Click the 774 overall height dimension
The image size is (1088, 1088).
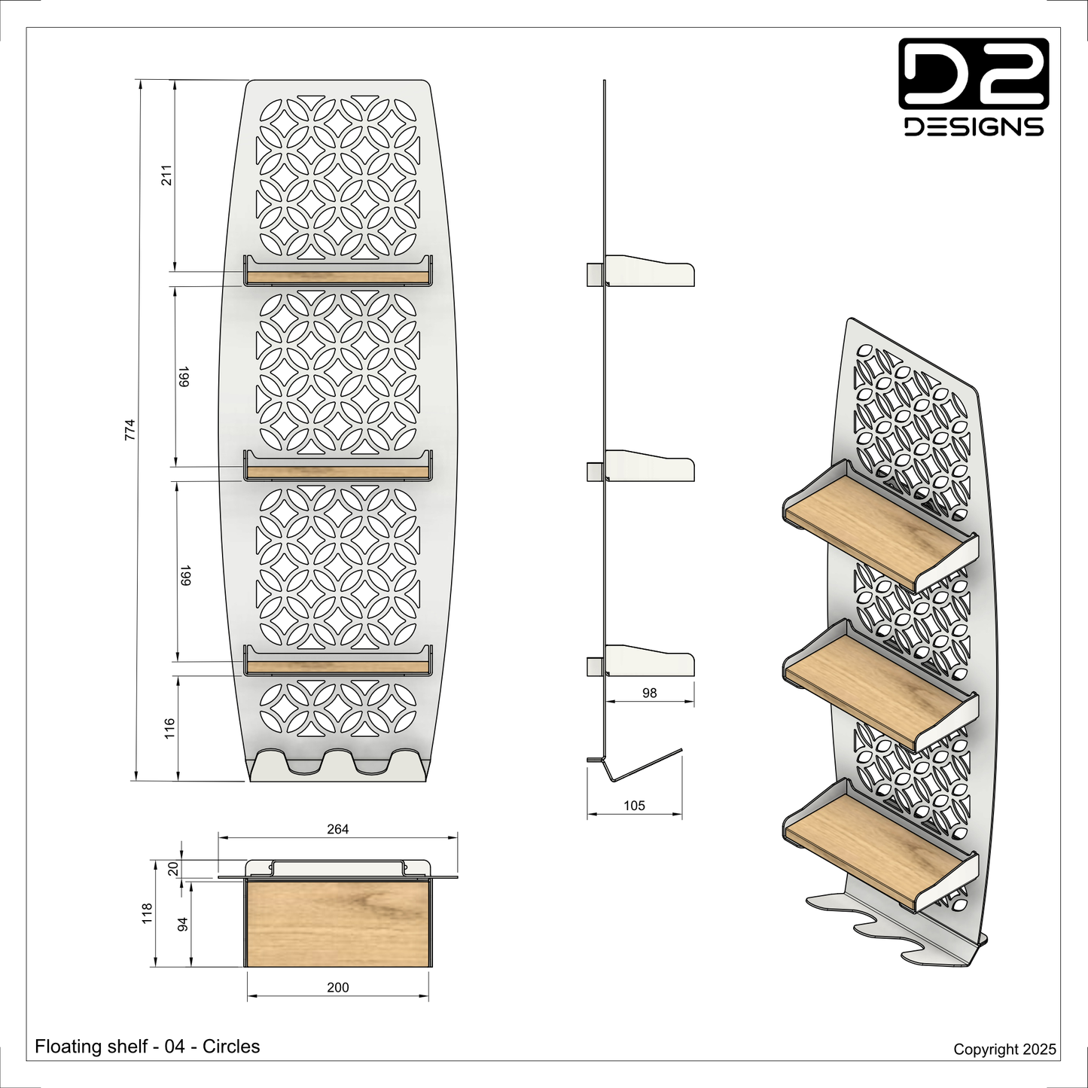coord(130,430)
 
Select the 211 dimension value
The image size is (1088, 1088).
coord(166,175)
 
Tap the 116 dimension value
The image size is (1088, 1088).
coord(169,728)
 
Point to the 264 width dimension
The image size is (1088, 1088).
coord(337,829)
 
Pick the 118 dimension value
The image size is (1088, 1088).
coord(147,913)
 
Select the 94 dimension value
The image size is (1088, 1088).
coord(182,925)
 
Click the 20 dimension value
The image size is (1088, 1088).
coord(173,868)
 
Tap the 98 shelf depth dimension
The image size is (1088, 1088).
coord(649,693)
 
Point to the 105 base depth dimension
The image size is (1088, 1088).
coord(634,805)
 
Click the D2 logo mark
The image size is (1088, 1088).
coord(974,73)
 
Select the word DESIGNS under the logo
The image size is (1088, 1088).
coord(974,127)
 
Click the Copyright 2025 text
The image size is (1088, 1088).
coord(1004,1049)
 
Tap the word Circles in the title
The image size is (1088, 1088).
coord(231,1047)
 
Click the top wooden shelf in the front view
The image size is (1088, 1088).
coord(337,277)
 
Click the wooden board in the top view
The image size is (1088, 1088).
coord(337,922)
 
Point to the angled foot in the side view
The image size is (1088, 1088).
coord(635,765)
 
